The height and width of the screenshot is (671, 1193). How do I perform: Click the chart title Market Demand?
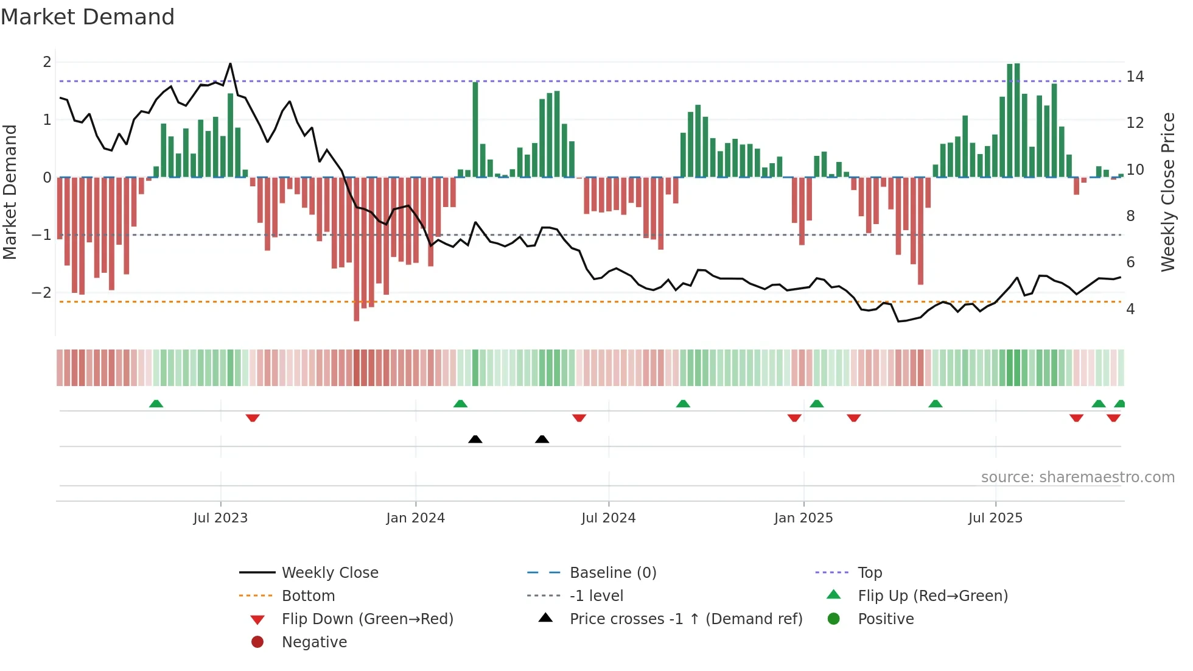88,17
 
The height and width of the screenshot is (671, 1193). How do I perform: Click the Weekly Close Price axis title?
1167,192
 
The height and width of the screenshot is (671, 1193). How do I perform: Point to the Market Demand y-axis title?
10,192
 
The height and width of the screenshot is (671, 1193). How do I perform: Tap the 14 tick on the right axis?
1135,77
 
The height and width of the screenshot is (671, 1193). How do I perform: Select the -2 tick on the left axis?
41,292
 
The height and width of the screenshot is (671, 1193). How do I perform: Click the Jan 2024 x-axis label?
415,518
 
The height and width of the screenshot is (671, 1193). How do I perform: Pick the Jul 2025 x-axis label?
995,518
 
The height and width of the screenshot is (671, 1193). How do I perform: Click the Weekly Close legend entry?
329,573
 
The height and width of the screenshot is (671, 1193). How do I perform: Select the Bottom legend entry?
308,596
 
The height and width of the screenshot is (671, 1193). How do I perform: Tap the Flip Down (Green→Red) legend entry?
367,619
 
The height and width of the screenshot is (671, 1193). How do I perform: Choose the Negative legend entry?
314,642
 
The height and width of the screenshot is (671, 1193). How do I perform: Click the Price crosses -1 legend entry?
685,619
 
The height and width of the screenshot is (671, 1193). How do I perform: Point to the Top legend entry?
870,573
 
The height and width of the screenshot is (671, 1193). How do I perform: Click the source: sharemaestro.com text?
1077,477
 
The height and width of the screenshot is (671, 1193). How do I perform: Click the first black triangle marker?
475,439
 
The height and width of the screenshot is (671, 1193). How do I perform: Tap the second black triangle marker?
542,439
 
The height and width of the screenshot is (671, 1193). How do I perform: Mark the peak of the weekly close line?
230,63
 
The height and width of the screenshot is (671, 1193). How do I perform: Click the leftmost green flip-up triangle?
156,404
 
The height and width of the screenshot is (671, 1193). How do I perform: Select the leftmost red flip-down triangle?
253,418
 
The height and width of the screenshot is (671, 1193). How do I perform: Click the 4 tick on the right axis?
1130,309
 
